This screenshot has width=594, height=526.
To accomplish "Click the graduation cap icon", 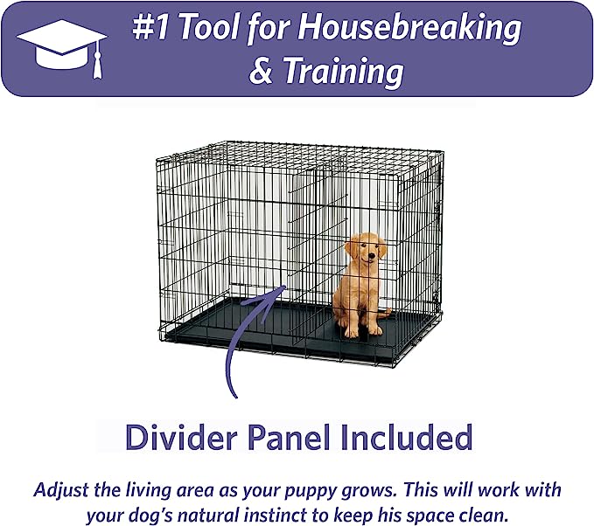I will (62, 44).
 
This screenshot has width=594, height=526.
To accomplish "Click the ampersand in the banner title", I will (260, 72).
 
